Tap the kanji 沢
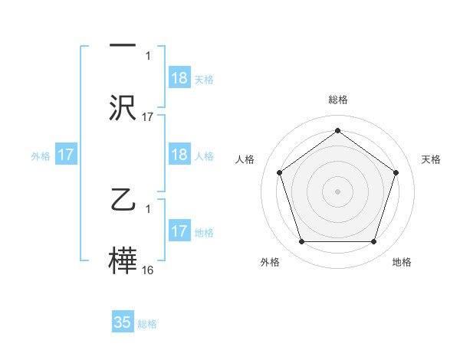(123, 107)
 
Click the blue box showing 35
(123, 322)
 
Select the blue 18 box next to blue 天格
(179, 78)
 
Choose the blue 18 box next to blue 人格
(179, 155)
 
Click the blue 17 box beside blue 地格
(179, 231)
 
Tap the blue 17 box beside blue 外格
(66, 155)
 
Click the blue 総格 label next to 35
(147, 324)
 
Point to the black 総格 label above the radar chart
(338, 100)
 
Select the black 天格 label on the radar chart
(431, 159)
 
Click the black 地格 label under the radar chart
(402, 262)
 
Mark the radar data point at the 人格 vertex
(279, 172)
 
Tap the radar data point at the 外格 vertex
(301, 242)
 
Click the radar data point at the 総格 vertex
(338, 130)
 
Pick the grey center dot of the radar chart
(338, 191)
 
